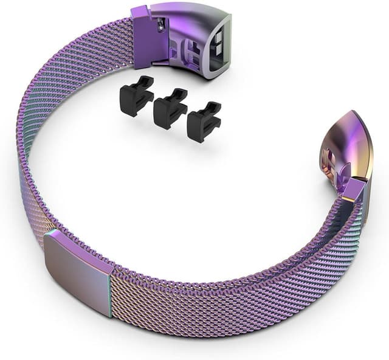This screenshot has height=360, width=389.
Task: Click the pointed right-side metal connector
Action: coord(352,152)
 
